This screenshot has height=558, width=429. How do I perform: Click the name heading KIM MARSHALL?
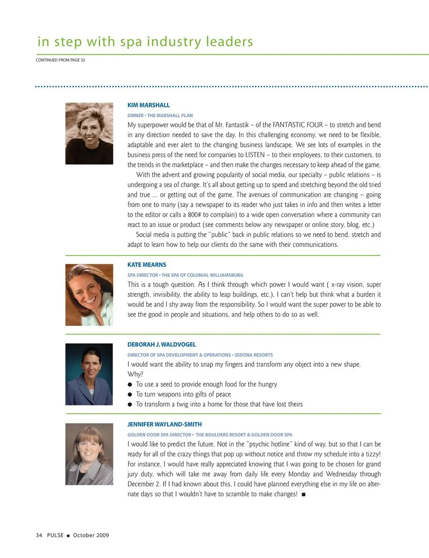pos(148,105)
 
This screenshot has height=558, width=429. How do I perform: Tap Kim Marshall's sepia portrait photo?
pos(89,133)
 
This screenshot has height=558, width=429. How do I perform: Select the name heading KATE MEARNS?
pos(147,265)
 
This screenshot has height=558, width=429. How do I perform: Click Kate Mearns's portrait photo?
pos(89,294)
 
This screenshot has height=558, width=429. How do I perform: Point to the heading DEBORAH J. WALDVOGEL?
pos(161,345)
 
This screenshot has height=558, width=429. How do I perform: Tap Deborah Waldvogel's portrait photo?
pos(89,374)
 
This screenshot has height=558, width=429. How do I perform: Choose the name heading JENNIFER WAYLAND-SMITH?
pos(164,424)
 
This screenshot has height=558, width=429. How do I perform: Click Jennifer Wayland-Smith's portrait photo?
pos(89,454)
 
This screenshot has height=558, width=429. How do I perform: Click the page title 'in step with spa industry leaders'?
pos(145,42)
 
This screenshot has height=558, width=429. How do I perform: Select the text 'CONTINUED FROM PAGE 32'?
pos(60,60)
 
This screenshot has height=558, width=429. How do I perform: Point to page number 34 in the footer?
pos(39,535)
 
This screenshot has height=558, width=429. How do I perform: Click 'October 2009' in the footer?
pos(91,535)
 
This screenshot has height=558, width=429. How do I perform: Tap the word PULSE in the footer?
pos(55,535)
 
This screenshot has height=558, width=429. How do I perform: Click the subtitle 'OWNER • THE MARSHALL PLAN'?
pos(160,115)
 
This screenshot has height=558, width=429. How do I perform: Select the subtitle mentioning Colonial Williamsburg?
pos(185,275)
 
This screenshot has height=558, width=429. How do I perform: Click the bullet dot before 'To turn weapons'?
pos(130,395)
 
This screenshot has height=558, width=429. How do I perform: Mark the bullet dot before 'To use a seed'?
pos(130,385)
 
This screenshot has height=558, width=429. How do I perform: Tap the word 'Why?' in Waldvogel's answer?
pos(135,374)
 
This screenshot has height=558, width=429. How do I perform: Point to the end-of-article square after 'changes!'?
pos(304,494)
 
